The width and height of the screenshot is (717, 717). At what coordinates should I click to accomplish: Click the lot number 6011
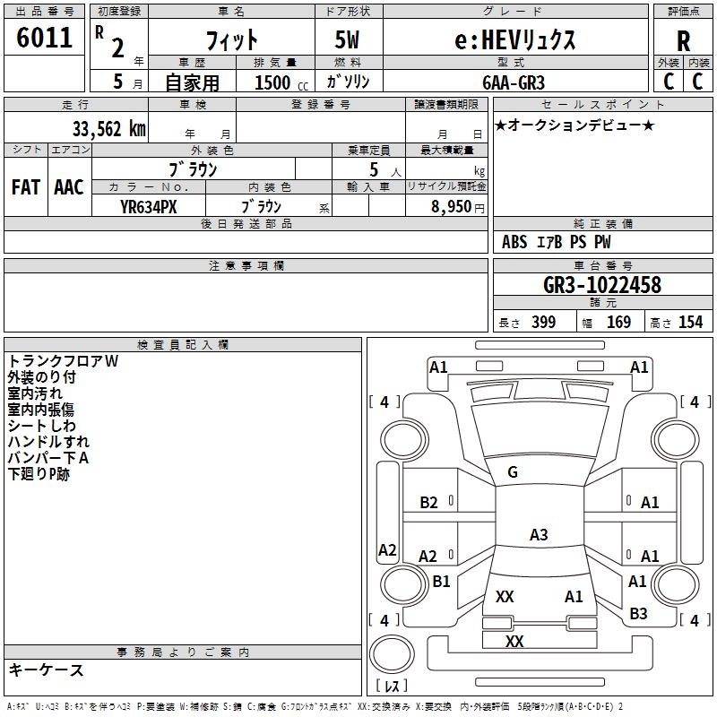[x=44, y=38]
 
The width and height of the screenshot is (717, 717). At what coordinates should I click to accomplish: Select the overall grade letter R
[x=683, y=41]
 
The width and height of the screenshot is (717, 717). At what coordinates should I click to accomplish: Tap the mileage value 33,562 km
[x=108, y=129]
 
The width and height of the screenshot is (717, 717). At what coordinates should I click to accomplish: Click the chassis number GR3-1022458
[x=601, y=285]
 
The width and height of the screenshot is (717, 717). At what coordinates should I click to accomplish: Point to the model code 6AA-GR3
[x=514, y=82]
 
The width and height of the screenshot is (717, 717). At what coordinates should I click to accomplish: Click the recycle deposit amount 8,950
[x=451, y=207]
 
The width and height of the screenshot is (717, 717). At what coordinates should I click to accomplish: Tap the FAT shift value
[x=26, y=187]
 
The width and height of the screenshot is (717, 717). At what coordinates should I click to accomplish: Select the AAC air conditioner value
[x=69, y=187]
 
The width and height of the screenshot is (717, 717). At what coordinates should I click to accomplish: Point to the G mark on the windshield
[x=513, y=472]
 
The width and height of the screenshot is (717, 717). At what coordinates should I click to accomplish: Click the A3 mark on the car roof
[x=539, y=534]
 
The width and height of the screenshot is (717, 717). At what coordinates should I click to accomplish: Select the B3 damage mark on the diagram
[x=638, y=614]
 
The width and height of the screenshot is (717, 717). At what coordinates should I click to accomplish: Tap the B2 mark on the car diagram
[x=429, y=503]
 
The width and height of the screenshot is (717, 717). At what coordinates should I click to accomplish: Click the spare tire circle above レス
[x=392, y=654]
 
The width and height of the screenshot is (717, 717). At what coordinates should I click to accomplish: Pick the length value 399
[x=544, y=322]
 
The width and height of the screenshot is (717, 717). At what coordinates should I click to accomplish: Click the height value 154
[x=690, y=322]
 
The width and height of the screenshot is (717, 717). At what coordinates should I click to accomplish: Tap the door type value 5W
[x=347, y=39]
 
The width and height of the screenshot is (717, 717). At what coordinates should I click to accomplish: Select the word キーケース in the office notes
[x=47, y=670]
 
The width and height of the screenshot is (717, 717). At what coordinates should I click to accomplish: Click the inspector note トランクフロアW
[x=63, y=361]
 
